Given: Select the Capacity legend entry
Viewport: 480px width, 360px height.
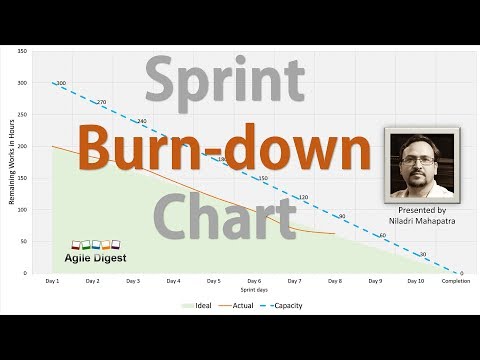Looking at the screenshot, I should pyautogui.click(x=286, y=305).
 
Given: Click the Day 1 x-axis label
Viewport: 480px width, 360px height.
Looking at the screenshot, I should pyautogui.click(x=52, y=281).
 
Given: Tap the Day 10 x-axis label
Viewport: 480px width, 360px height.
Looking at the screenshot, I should pyautogui.click(x=415, y=281).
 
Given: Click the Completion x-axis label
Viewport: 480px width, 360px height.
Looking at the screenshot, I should pyautogui.click(x=458, y=281).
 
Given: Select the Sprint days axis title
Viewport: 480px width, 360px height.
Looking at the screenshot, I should pyautogui.click(x=255, y=291).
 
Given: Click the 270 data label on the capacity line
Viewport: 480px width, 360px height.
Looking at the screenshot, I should pyautogui.click(x=100, y=102).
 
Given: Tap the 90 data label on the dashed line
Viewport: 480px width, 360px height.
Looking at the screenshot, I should pyautogui.click(x=341, y=216).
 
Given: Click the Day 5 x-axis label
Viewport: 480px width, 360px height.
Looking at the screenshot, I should pyautogui.click(x=214, y=281).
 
